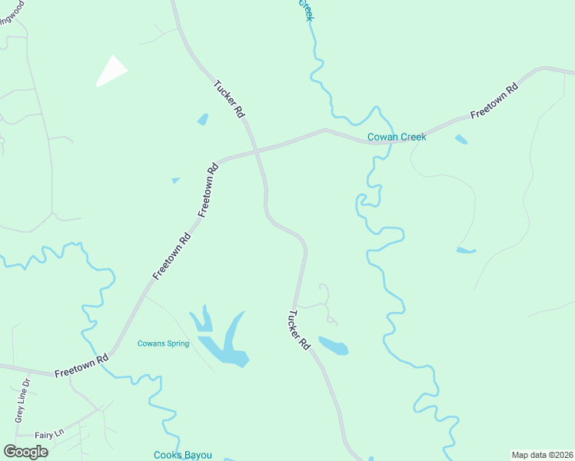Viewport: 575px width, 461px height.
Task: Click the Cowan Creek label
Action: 396,138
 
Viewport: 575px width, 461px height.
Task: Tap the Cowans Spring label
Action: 163,343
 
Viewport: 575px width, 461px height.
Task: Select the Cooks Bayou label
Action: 182,455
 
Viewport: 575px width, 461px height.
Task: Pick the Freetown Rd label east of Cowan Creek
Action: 495,100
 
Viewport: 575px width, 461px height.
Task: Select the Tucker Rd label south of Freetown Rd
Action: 299,330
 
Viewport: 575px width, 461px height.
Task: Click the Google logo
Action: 25,452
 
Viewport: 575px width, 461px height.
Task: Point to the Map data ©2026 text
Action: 542,455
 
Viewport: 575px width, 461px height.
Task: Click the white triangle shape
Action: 112,71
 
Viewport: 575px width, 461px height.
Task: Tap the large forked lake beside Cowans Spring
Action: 227,342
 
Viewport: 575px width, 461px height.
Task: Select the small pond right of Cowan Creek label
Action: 460,139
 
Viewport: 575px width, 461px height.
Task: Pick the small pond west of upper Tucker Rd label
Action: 202,119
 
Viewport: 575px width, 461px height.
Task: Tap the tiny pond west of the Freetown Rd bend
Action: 176,180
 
